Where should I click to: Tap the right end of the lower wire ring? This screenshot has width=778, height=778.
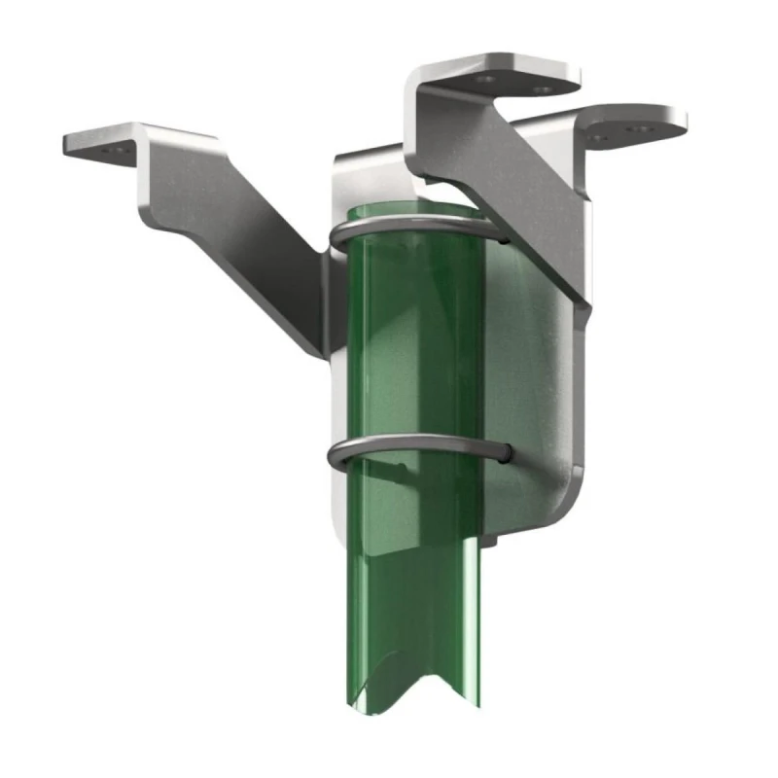coord(503,453)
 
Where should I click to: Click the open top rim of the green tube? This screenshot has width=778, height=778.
coord(408,216)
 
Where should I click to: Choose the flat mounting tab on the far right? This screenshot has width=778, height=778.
coord(632,124)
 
